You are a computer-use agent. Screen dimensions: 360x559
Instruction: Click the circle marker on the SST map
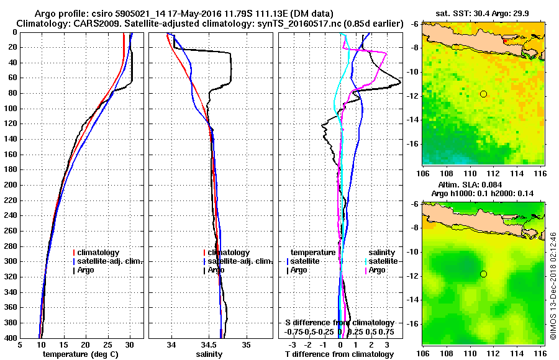tap(483, 94)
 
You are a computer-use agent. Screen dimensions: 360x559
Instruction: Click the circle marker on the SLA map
tap(483, 274)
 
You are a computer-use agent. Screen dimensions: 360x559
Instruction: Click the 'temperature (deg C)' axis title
tap(80, 354)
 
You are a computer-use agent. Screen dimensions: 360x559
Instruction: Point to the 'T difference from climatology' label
tap(339, 354)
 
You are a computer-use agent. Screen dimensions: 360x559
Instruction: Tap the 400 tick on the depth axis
tap(11, 338)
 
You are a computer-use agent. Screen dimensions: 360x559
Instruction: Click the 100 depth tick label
tap(11, 109)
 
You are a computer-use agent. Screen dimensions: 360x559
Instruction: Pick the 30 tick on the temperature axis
tap(130, 344)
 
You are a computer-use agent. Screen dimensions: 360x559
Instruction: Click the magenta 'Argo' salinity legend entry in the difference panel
tap(378, 270)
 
